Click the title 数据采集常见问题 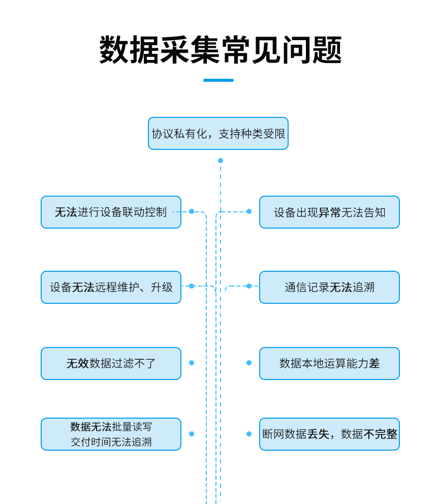pos(220,50)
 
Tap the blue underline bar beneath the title pos(218,80)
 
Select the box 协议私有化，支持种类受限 pos(218,134)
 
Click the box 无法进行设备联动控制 pos(111,212)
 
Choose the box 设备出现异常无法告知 pos(329,212)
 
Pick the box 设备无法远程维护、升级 pos(111,287)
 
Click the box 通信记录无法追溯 pos(329,287)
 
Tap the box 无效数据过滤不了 pos(111,363)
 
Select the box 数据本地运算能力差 pos(329,363)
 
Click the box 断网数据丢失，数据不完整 pos(329,434)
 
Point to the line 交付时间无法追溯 pos(111,442)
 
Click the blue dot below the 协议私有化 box pos(221,161)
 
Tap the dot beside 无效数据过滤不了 pos(192,363)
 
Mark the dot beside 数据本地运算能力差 pos(249,363)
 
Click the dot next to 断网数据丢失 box pos(249,434)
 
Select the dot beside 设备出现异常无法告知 pos(249,211)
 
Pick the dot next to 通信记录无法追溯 pos(249,286)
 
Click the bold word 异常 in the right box pos(329,212)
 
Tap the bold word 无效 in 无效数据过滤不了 pos(77,364)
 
